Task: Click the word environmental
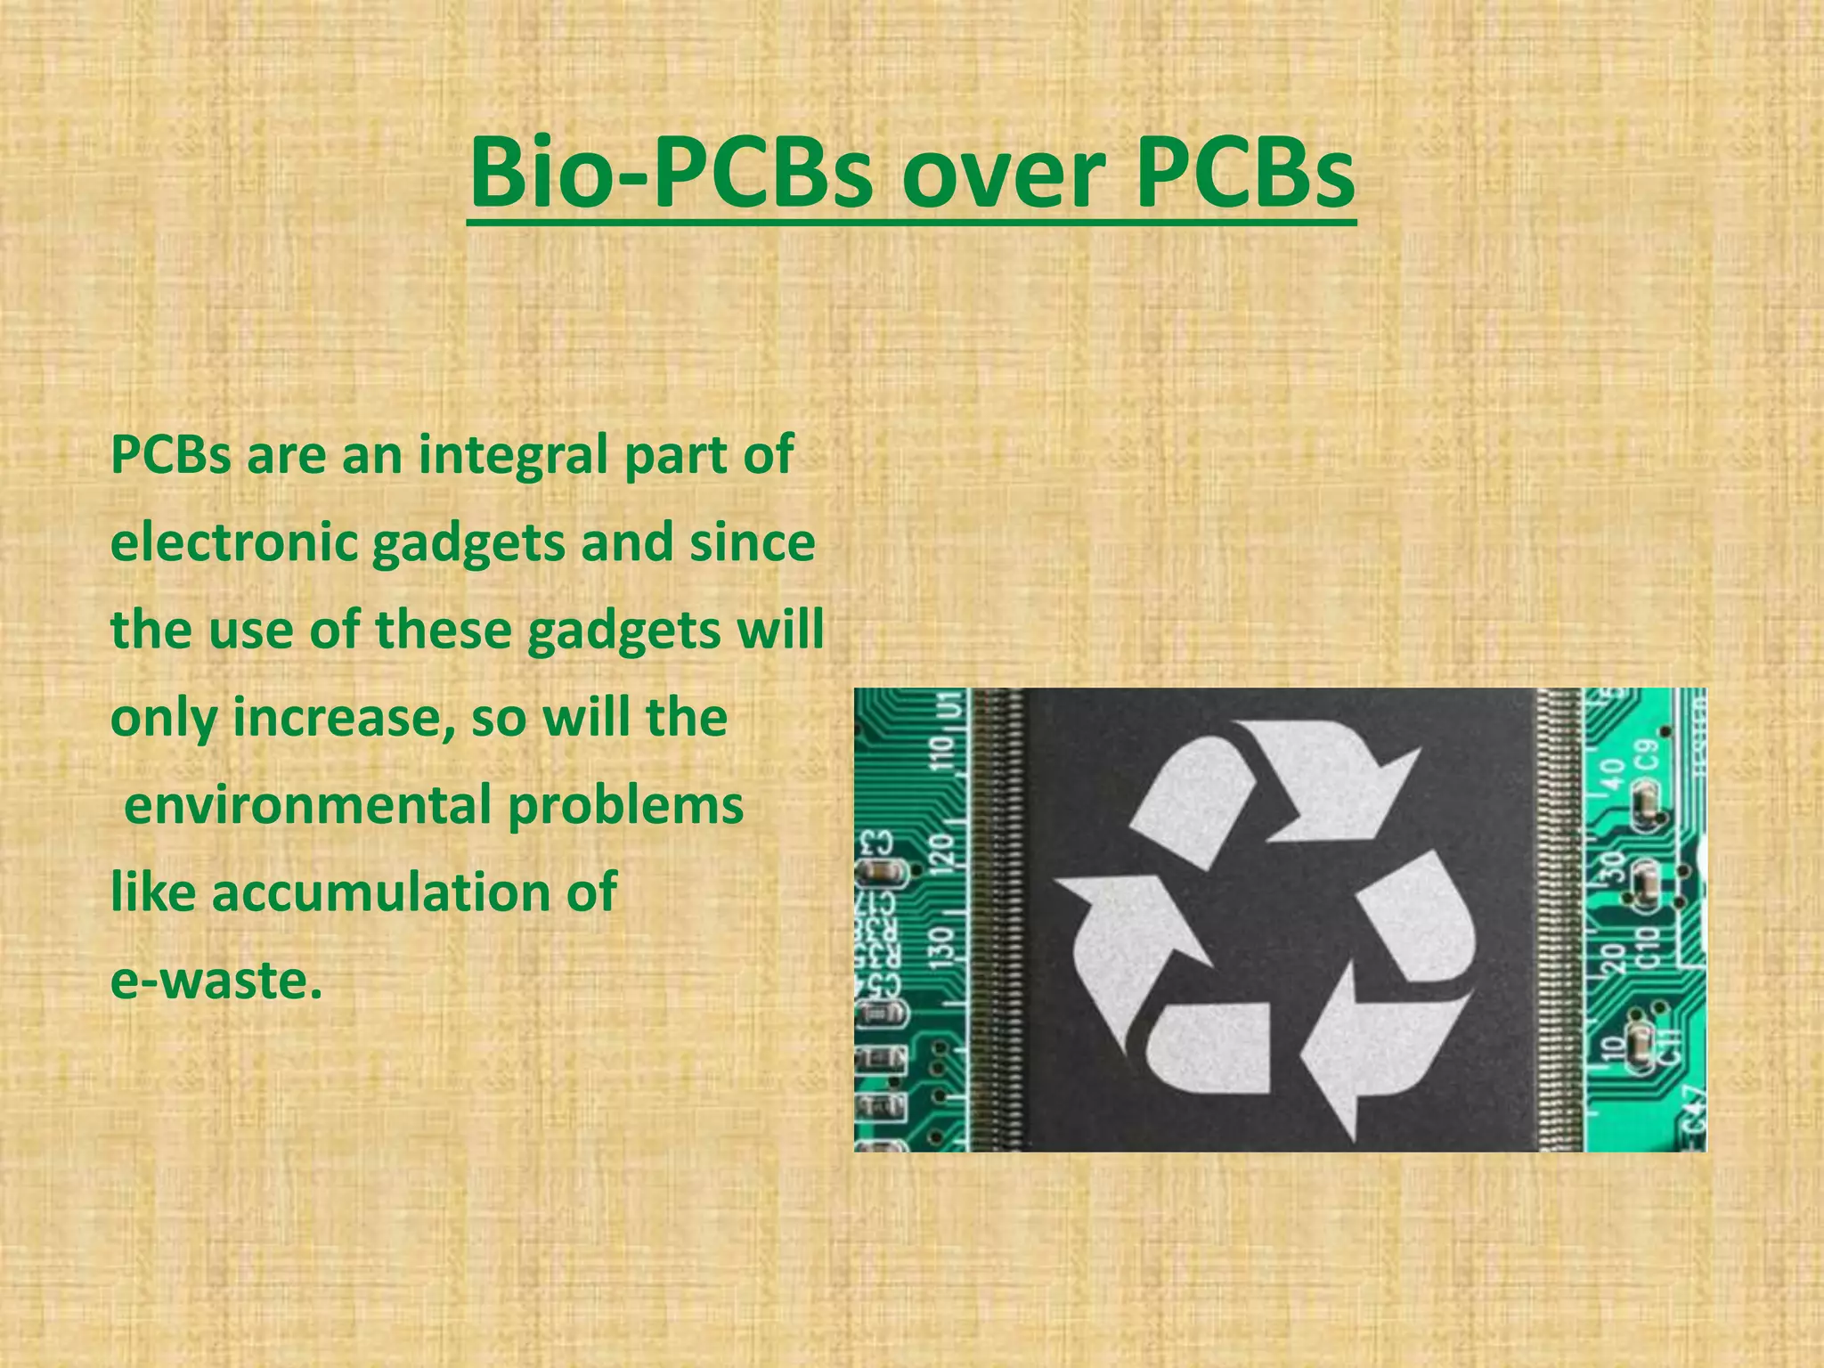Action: pyautogui.click(x=308, y=804)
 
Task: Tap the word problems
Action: pyautogui.click(x=625, y=804)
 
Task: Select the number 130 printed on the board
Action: pyautogui.click(x=943, y=942)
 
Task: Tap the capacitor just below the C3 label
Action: pyautogui.click(x=880, y=875)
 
